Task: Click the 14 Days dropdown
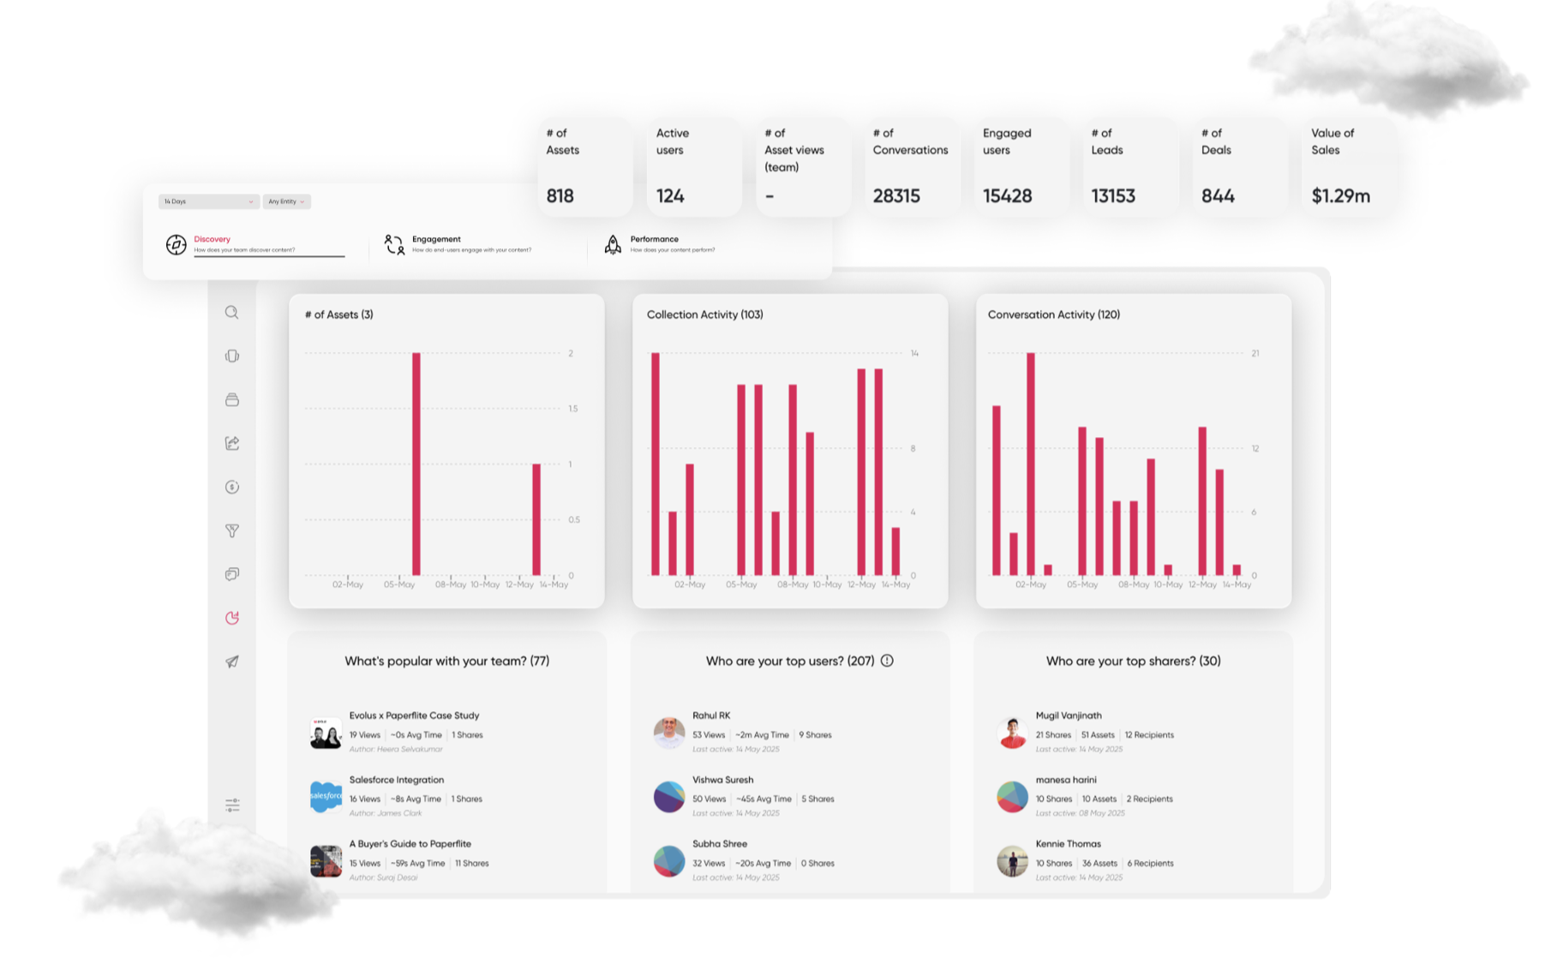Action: coord(208,201)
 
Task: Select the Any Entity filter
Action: coord(286,201)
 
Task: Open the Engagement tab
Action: coord(436,239)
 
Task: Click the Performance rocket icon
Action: coord(613,244)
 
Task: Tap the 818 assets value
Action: coord(560,196)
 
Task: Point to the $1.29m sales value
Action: coord(1340,196)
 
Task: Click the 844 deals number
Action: coord(1218,196)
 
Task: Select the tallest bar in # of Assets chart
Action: coord(416,463)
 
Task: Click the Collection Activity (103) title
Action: coord(704,314)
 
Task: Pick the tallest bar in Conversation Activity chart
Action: coord(1031,463)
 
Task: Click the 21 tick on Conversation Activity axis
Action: coord(1255,353)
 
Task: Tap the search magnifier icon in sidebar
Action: coord(232,313)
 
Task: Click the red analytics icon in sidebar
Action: coord(232,618)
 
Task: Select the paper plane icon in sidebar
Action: coord(232,662)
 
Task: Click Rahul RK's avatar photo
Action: coord(669,733)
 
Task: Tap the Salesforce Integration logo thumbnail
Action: coord(326,797)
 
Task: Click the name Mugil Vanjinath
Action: coord(1069,716)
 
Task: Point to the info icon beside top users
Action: coord(887,661)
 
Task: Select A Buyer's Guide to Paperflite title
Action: coord(410,844)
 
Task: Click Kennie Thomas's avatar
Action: coord(1012,861)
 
